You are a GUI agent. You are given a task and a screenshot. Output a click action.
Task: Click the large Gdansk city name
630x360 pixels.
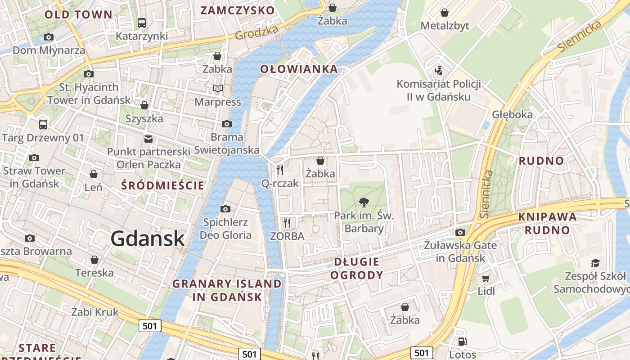(148, 238)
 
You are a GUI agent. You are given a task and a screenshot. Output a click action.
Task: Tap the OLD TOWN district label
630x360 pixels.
(78, 14)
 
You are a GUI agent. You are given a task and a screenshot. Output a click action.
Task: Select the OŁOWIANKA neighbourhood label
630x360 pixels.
(299, 69)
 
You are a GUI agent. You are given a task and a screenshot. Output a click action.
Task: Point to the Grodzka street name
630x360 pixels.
(257, 32)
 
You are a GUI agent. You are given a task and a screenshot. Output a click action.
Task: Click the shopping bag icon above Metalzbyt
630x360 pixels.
(445, 13)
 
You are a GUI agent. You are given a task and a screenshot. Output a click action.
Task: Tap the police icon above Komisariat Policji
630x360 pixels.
(438, 71)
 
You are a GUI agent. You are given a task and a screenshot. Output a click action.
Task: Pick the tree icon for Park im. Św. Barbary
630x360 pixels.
(364, 202)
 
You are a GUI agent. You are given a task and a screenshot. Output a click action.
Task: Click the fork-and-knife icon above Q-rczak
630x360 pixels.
(280, 170)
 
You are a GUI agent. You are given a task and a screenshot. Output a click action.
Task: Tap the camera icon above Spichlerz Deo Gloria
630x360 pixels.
(225, 209)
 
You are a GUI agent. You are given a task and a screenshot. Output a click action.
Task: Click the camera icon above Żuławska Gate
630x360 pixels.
(460, 232)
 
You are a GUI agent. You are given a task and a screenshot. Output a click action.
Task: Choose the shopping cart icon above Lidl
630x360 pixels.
(486, 278)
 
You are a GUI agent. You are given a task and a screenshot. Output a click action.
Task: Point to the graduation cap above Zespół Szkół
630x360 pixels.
(595, 263)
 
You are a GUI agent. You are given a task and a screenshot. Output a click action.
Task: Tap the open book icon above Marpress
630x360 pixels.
(218, 89)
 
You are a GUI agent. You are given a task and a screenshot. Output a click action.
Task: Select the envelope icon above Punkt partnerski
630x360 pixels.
(148, 139)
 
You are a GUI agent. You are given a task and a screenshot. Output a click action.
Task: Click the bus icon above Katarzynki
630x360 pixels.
(142, 22)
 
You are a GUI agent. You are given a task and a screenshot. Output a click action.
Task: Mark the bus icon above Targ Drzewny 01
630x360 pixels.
(43, 124)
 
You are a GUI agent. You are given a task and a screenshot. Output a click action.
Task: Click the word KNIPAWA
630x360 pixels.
(547, 216)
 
